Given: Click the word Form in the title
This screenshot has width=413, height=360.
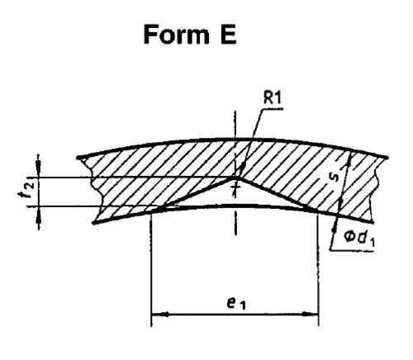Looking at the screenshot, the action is click(x=177, y=35).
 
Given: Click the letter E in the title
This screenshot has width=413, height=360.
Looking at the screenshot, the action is click(x=228, y=35).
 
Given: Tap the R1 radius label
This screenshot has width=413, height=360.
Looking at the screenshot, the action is click(x=273, y=97).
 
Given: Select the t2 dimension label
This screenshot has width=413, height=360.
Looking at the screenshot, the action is click(x=29, y=187).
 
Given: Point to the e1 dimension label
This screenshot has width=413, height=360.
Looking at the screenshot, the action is click(x=236, y=303).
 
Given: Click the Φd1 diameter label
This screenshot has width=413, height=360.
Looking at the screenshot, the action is click(x=358, y=238).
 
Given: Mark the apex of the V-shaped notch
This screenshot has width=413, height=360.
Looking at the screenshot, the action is click(x=235, y=178).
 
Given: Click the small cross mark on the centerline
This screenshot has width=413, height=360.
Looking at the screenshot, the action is click(x=235, y=187).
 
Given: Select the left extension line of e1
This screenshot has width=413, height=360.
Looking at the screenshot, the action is click(x=151, y=270).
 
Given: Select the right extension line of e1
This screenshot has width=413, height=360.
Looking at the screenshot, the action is click(x=318, y=270).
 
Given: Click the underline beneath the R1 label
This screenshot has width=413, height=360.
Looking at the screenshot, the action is click(x=272, y=109).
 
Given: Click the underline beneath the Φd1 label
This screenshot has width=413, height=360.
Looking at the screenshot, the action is click(x=352, y=250).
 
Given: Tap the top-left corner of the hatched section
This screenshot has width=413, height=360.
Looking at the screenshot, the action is click(x=78, y=158).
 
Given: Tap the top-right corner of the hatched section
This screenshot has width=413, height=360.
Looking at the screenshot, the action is click(x=387, y=158).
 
